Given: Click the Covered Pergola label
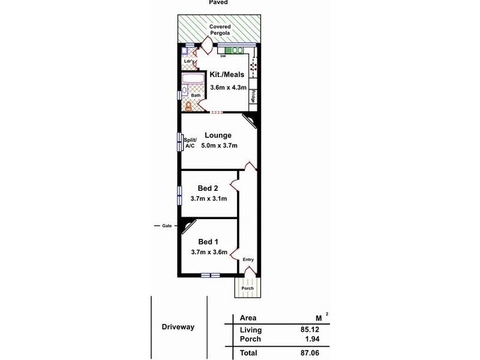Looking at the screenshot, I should pyautogui.click(x=221, y=30).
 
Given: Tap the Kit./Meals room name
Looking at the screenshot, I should pyautogui.click(x=227, y=75).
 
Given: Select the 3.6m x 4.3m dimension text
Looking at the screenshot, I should pyautogui.click(x=227, y=88).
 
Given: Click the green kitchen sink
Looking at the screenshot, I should pyautogui.click(x=233, y=50).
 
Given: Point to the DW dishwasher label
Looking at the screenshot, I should pyautogui.click(x=223, y=57).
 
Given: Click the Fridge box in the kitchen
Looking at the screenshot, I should pyautogui.click(x=254, y=96).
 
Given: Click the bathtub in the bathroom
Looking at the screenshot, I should pyautogui.click(x=193, y=81).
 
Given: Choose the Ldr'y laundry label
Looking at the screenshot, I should pyautogui.click(x=187, y=61).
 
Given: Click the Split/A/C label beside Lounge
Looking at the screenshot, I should pyautogui.click(x=190, y=143).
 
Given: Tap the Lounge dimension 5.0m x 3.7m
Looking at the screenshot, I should pyautogui.click(x=220, y=146).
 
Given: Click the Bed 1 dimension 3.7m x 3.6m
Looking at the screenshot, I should pyautogui.click(x=209, y=253).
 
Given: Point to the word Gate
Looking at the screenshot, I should pyautogui.click(x=167, y=226).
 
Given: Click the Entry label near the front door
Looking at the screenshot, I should pyautogui.click(x=248, y=260).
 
